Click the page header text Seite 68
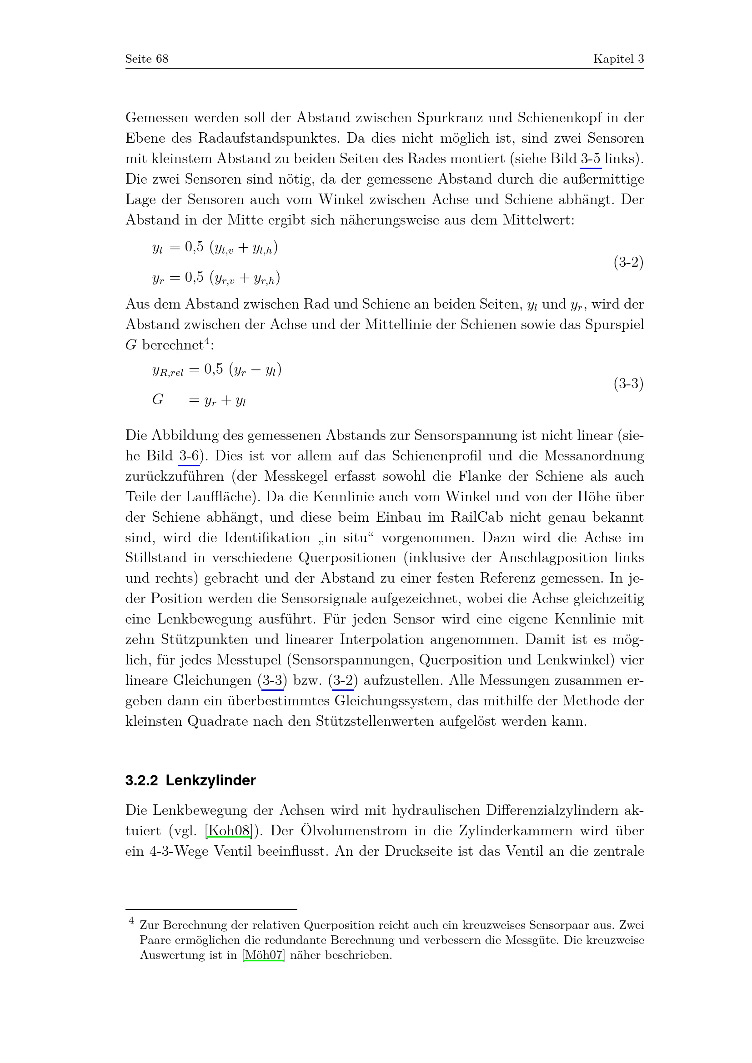coord(147,59)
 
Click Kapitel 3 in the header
coord(618,59)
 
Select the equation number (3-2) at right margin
coord(628,263)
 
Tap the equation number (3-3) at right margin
coord(628,384)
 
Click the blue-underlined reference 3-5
coord(591,159)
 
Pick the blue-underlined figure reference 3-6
coord(189,456)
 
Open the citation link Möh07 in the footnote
coord(264,955)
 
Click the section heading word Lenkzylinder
coord(211,781)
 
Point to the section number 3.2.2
coord(142,781)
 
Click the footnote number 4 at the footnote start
coord(131,921)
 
